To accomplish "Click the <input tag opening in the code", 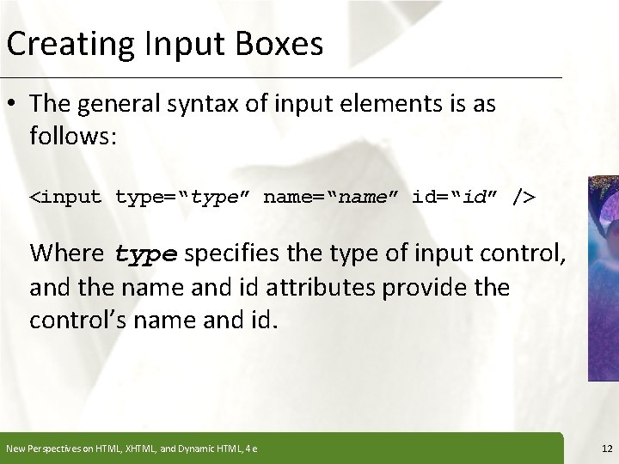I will point(67,198).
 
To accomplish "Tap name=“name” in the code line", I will point(332,198).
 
